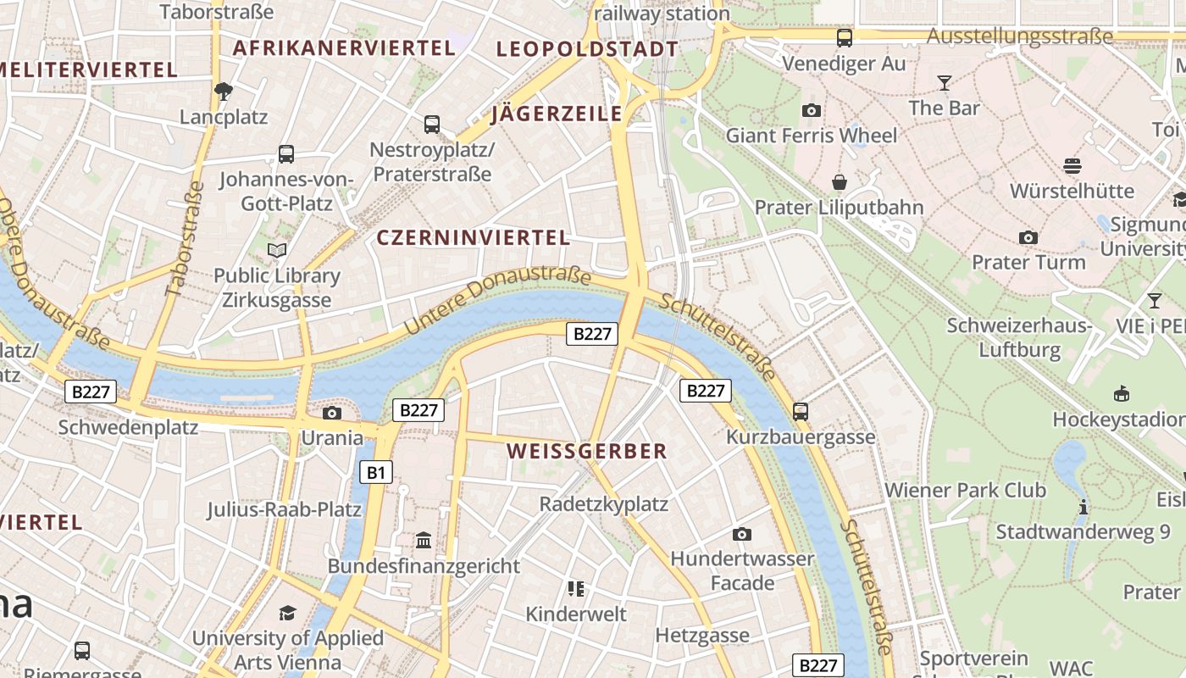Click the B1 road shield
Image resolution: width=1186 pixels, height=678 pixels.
377,472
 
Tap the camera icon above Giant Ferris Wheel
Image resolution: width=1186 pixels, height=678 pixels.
811,110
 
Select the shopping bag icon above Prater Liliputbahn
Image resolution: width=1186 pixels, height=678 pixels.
839,182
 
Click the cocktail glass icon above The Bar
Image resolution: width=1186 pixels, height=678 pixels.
944,83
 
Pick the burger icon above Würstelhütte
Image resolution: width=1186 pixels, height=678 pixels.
1072,165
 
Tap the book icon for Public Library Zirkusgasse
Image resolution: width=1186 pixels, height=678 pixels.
277,250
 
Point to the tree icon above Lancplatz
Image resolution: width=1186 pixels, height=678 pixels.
224,92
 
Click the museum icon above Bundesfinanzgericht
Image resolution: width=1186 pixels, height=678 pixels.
424,540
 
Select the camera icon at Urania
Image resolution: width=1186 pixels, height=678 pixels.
332,413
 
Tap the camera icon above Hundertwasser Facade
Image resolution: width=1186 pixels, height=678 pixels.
742,534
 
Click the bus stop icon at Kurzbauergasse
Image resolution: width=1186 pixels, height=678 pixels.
801,412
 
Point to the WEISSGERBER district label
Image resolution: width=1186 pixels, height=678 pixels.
587,451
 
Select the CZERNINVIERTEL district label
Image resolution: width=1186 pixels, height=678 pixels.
473,238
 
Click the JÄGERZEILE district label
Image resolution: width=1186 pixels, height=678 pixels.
557,114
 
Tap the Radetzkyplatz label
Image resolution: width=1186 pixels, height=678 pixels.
604,504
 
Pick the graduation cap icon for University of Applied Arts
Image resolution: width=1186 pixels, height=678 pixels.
288,613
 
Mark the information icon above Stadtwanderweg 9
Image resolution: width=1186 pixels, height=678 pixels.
1083,507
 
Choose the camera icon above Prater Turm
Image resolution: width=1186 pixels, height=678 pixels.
1028,237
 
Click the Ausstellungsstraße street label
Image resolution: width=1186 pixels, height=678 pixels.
1019,36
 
